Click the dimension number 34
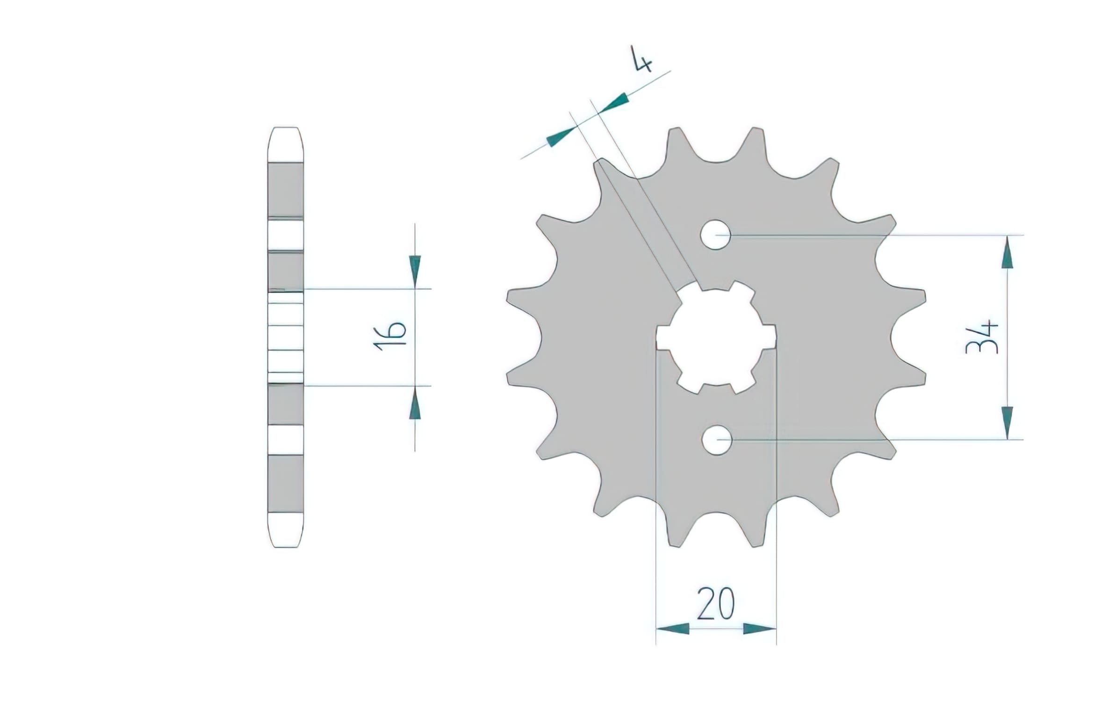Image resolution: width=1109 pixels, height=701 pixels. (x=982, y=336)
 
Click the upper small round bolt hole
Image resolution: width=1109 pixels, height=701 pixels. (x=716, y=234)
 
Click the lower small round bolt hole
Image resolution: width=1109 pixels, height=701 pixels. (x=716, y=439)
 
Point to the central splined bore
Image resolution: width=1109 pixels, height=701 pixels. (x=716, y=336)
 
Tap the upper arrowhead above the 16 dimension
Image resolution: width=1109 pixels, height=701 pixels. (x=415, y=271)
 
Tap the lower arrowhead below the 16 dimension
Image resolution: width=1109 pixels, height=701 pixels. (x=415, y=405)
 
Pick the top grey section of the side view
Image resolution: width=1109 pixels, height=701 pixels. (x=285, y=189)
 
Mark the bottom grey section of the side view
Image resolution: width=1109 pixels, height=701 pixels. (x=285, y=484)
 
